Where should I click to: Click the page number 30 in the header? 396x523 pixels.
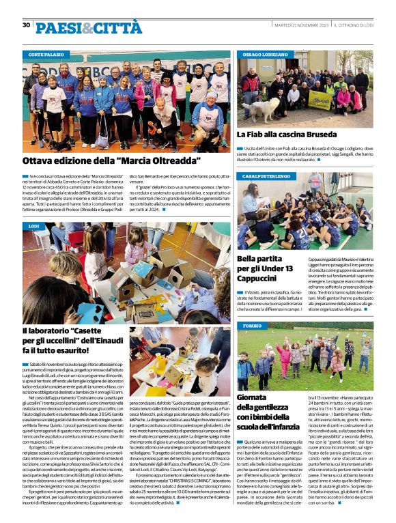(26, 25)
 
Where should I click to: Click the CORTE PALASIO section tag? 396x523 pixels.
(47, 53)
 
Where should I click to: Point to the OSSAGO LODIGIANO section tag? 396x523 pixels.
(266, 53)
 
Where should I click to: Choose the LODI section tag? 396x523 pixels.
(34, 225)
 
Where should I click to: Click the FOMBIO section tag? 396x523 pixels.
(252, 326)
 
